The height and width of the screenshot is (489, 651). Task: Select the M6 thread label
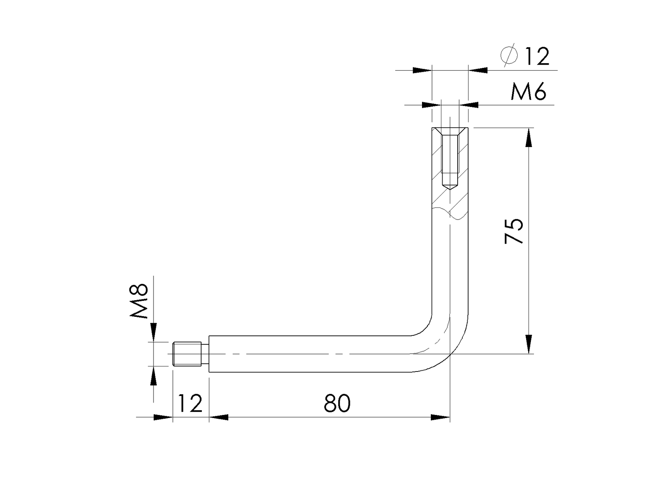[x=528, y=92]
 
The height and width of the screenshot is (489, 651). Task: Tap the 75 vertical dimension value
[x=514, y=231]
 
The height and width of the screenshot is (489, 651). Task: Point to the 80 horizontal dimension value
[x=337, y=403]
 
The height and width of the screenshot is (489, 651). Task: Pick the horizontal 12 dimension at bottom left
[x=190, y=403]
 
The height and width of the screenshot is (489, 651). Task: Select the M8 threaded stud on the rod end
[x=187, y=354]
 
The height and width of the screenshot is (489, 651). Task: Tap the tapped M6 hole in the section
[x=450, y=159]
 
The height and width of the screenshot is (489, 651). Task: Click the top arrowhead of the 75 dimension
[x=528, y=138]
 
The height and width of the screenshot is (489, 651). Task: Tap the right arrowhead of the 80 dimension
[x=440, y=417]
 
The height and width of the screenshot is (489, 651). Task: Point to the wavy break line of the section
[x=450, y=214]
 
